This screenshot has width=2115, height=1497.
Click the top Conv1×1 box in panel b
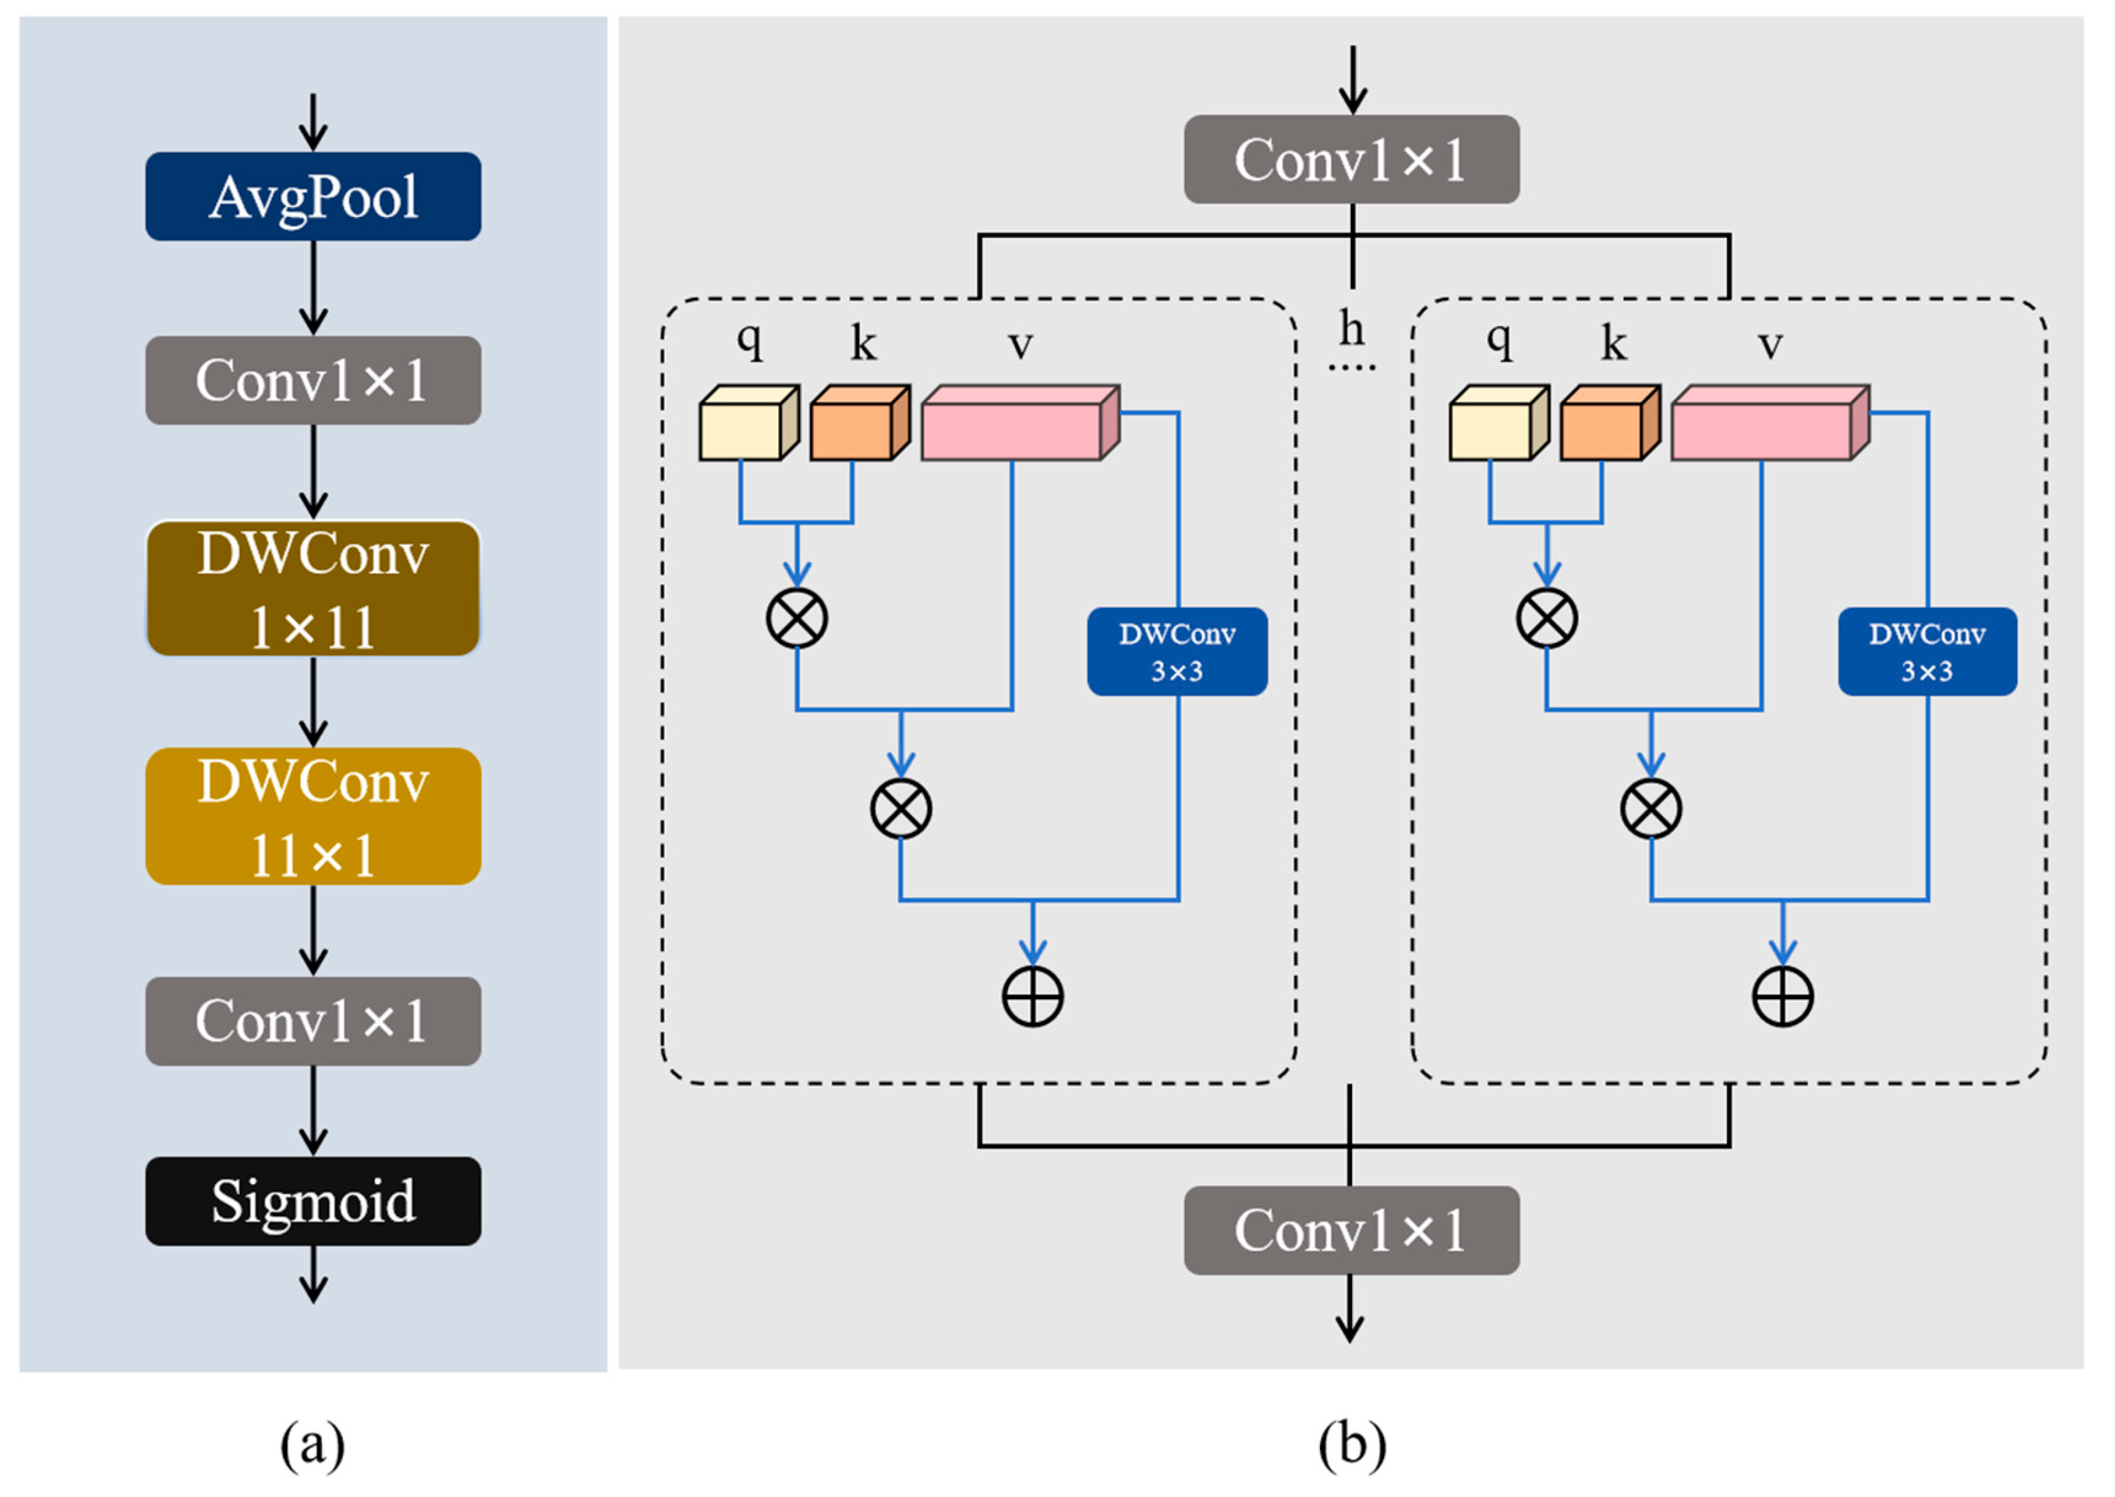coord(1351,159)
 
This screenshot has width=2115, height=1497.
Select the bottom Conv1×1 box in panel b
coord(1351,1230)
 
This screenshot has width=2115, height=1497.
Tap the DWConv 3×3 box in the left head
coord(1177,651)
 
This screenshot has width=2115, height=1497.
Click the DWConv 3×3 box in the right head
coord(1927,651)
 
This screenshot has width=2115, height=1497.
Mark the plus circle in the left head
coord(1032,996)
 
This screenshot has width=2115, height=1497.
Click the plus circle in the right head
coord(1783,996)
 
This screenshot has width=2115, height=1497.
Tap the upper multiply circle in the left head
coord(796,617)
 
